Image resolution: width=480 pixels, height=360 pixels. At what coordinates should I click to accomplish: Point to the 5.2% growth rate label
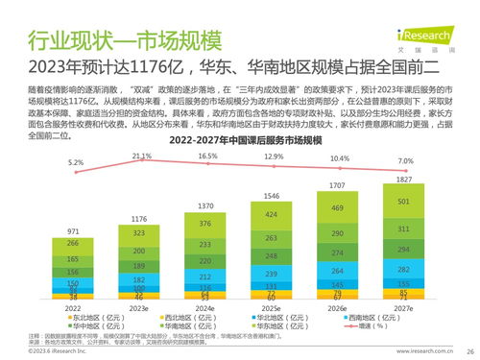pyautogui.click(x=76, y=163)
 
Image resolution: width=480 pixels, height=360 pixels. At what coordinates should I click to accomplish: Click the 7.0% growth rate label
pyautogui.click(x=405, y=161)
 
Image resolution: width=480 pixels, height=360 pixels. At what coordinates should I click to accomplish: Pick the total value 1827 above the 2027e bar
pyautogui.click(x=404, y=180)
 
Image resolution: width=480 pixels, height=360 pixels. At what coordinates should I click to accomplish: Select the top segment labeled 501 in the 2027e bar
pyautogui.click(x=404, y=201)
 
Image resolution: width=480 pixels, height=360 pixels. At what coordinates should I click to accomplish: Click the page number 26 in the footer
pyautogui.click(x=469, y=352)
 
